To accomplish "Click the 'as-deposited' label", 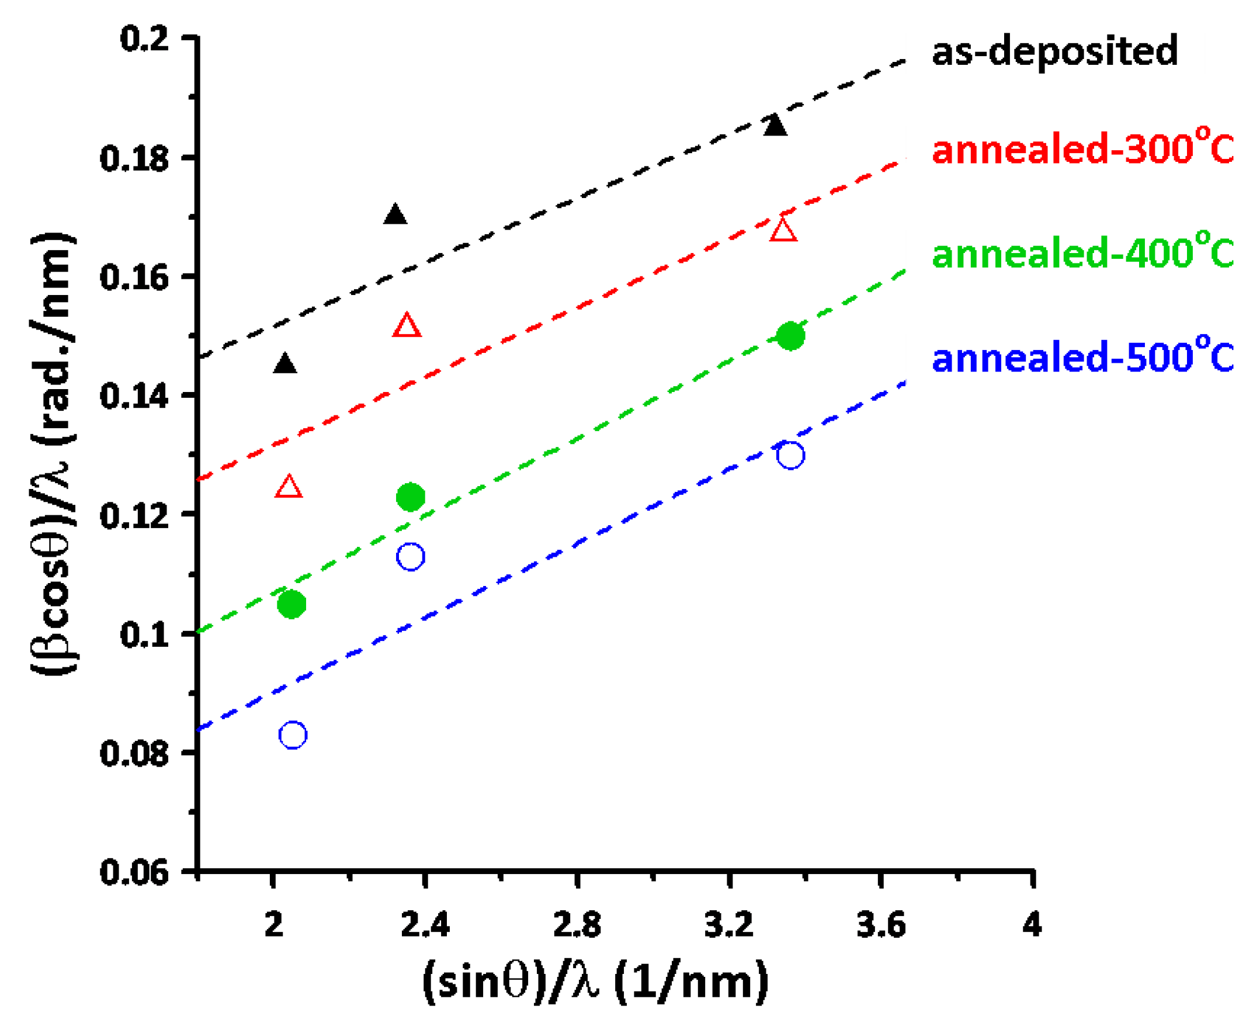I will click(x=1054, y=52).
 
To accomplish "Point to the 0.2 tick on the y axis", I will click(x=144, y=39).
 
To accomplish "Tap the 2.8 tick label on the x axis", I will click(x=577, y=925).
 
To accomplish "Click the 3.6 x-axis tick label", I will click(x=881, y=925).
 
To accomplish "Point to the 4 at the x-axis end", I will click(x=1032, y=925).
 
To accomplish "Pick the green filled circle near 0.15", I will click(x=790, y=337).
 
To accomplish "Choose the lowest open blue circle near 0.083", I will click(x=293, y=735).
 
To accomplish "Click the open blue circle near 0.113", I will click(x=411, y=556).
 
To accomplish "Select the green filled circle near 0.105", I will click(x=291, y=604).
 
